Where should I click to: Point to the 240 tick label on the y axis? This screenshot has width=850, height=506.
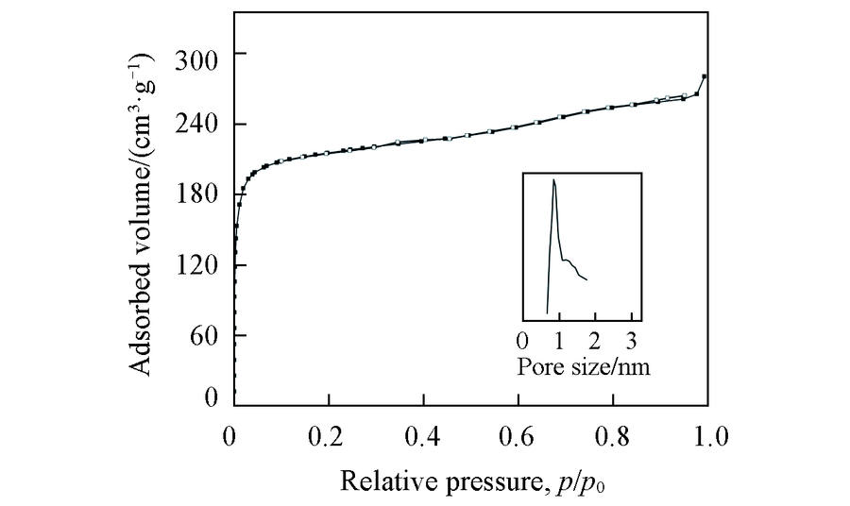point(200,125)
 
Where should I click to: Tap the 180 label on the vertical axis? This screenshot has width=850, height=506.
point(200,194)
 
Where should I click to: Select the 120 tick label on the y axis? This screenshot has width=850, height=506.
point(200,265)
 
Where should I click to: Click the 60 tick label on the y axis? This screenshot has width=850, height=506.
point(207,336)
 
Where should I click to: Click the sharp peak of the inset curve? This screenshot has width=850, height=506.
point(553,179)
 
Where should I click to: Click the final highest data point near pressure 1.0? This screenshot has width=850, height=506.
point(705,76)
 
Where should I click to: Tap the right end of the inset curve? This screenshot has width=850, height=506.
point(587,279)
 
